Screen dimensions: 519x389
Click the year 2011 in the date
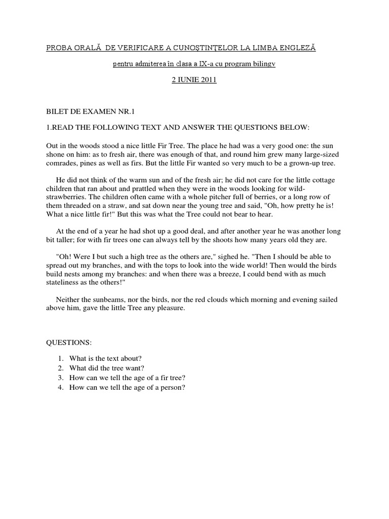(207, 81)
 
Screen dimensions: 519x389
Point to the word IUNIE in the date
(187, 81)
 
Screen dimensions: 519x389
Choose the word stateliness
(66, 282)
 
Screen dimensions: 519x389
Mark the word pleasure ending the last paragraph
(171, 308)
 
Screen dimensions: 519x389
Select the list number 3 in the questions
(60, 378)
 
